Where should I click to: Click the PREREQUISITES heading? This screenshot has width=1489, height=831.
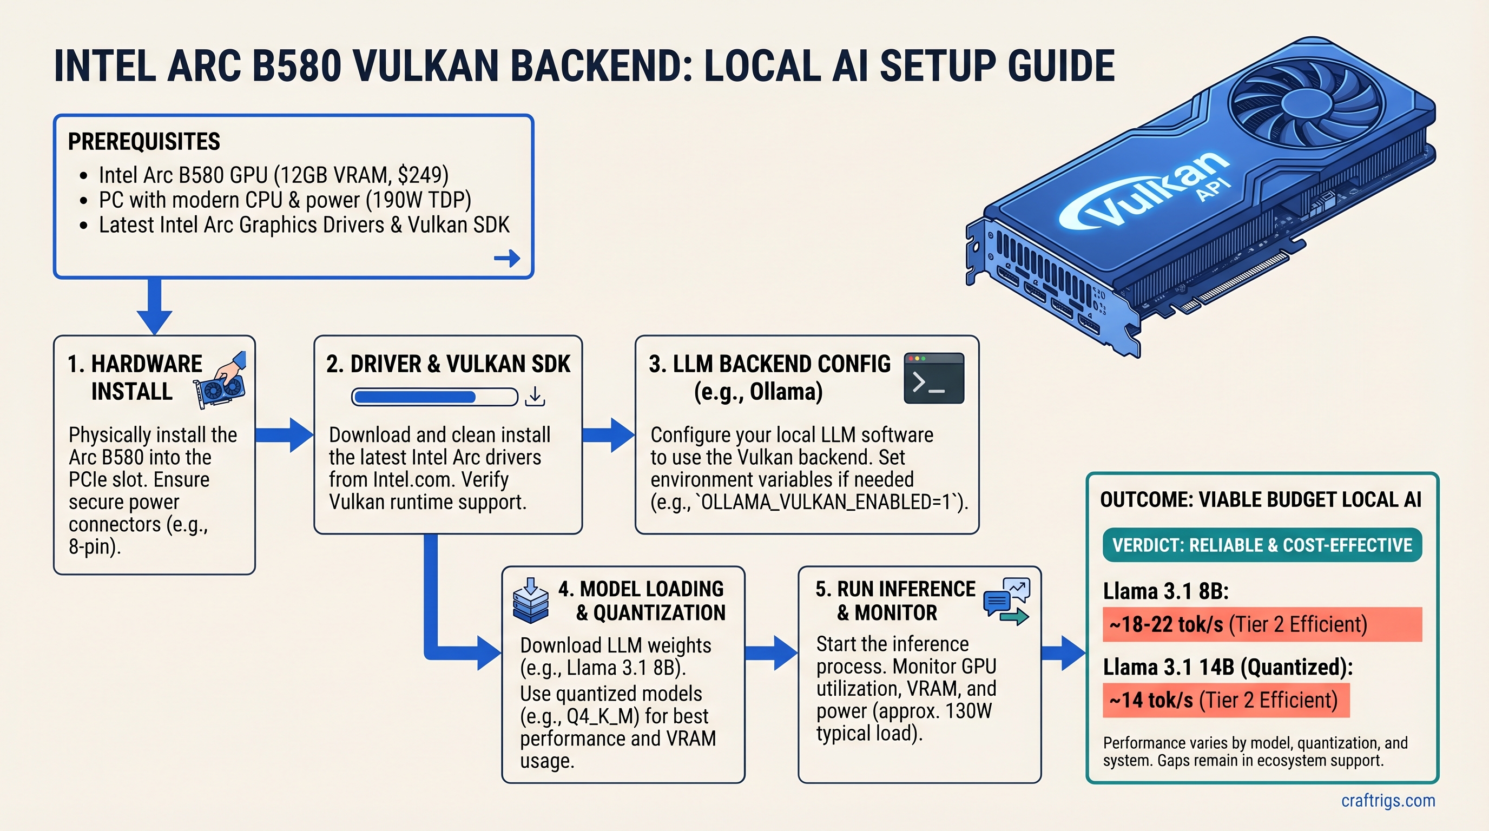click(144, 142)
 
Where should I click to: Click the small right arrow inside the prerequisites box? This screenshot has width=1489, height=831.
click(507, 258)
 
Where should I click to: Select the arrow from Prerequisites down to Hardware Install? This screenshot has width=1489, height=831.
click(154, 306)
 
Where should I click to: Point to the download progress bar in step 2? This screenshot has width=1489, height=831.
click(434, 397)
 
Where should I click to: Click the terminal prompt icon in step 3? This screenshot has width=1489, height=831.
click(933, 379)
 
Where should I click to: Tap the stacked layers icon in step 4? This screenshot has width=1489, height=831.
click(531, 601)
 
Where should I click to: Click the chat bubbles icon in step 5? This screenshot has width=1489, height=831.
click(1006, 601)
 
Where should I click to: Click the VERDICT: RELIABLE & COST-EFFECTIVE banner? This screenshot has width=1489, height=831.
click(1262, 545)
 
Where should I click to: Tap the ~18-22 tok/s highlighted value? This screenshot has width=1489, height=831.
click(1165, 625)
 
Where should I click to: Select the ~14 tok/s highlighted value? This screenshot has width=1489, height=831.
click(1151, 701)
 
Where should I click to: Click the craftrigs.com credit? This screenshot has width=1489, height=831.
click(1388, 800)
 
